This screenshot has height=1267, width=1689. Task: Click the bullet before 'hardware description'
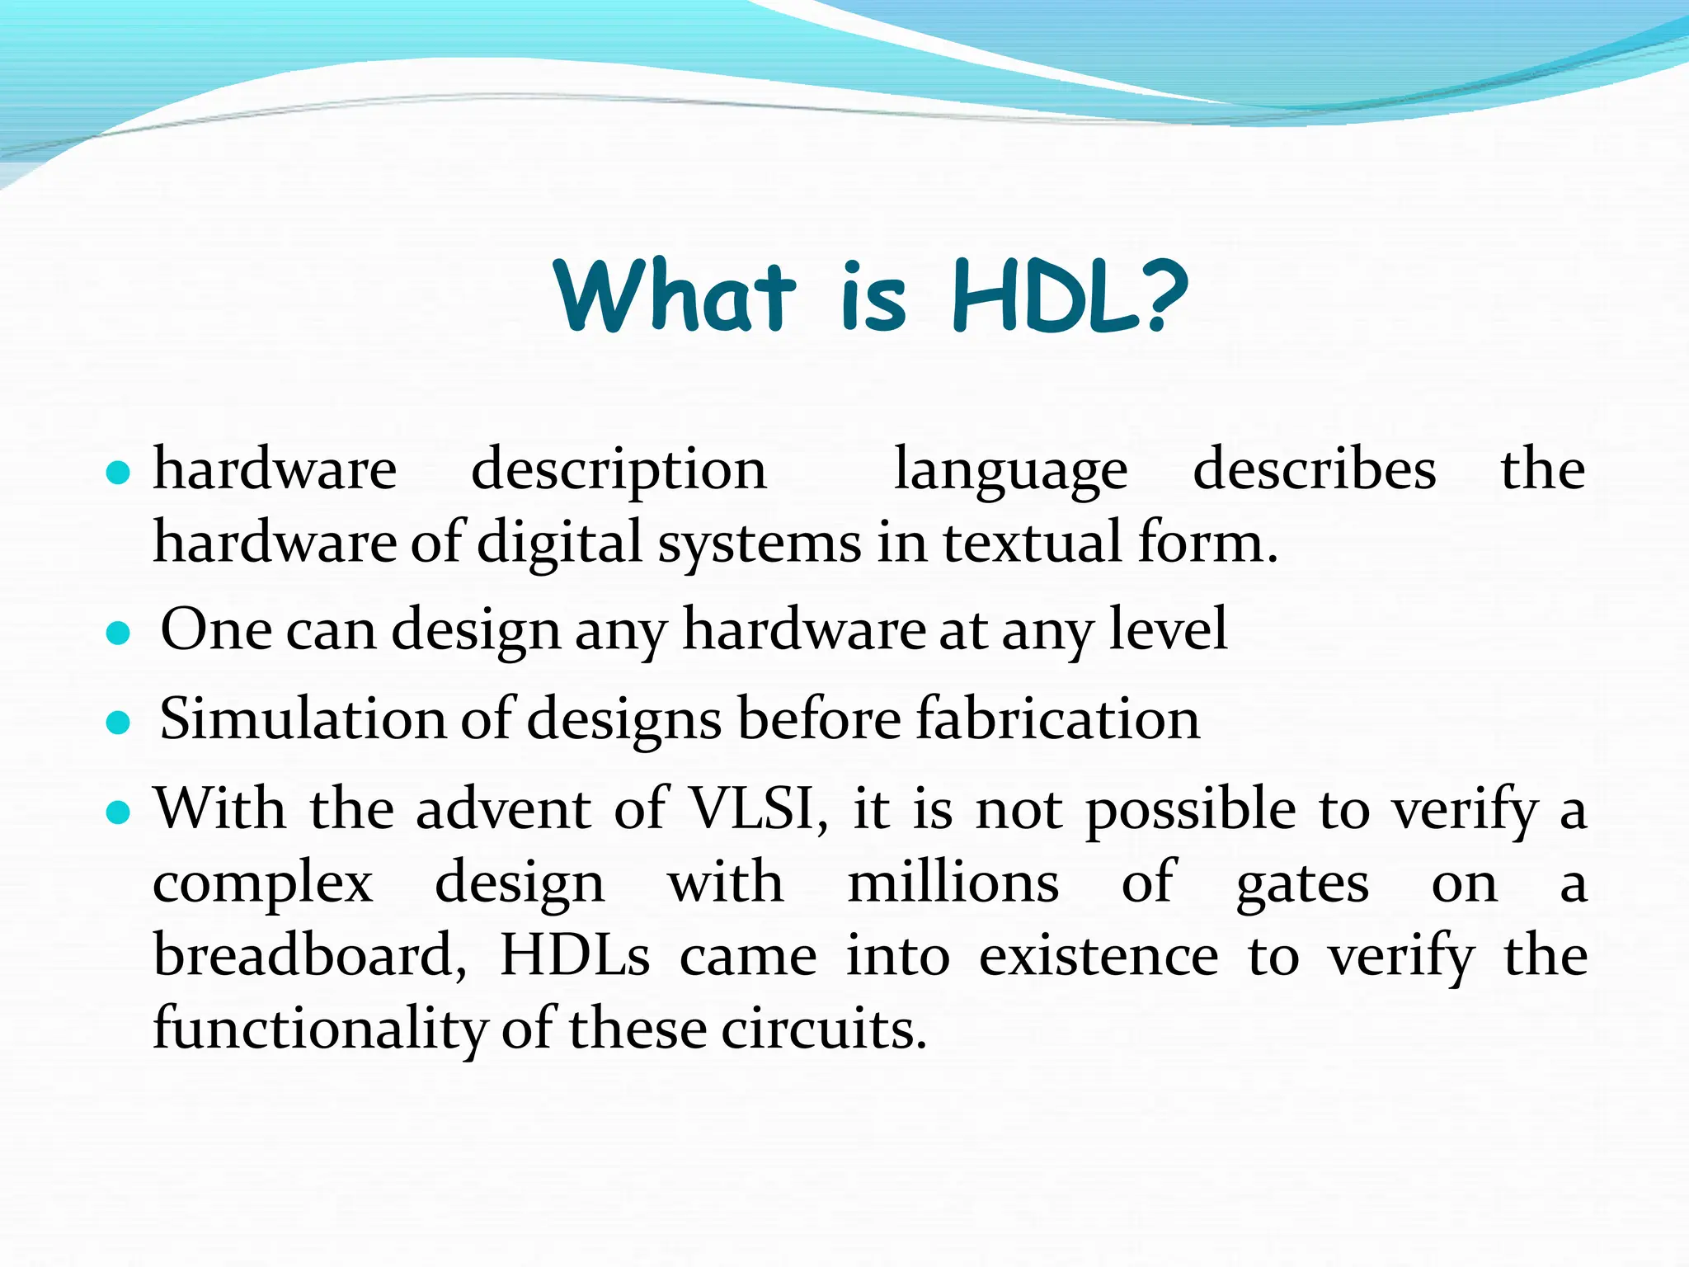(x=120, y=473)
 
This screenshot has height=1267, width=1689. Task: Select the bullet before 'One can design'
(x=120, y=633)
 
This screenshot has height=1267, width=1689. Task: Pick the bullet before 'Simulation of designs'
(x=120, y=723)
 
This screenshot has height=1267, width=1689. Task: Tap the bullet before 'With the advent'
(x=120, y=813)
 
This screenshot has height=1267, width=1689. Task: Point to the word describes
(x=1314, y=470)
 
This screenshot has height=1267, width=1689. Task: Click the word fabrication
(x=1058, y=719)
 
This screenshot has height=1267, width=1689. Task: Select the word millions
(x=953, y=883)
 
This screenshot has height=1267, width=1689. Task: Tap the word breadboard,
(x=310, y=956)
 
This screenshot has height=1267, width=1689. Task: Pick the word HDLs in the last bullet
(x=575, y=956)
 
